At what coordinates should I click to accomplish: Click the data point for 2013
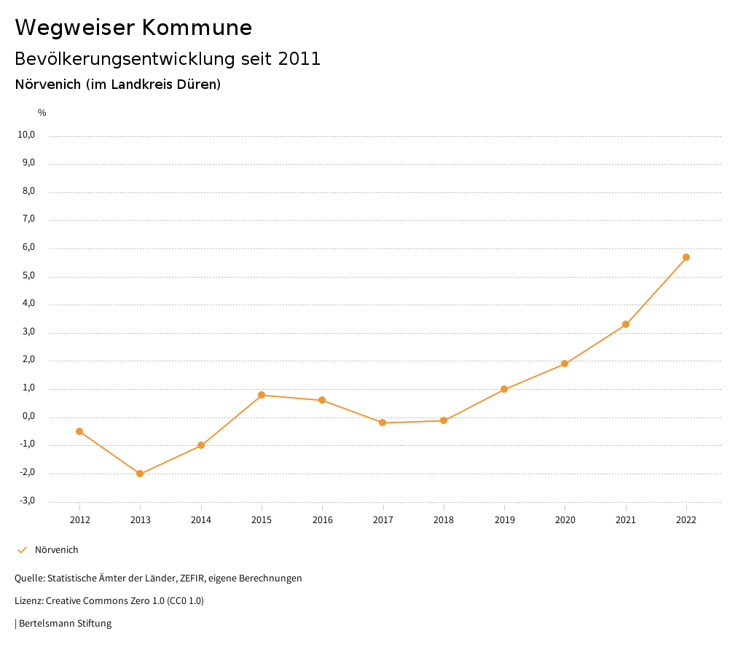pos(140,474)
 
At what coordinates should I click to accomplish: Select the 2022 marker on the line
pos(686,257)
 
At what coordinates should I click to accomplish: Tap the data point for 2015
pos(262,395)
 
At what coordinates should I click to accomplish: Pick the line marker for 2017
pos(382,423)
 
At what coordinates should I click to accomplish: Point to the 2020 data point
pos(565,364)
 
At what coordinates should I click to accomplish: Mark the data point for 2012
pos(79,431)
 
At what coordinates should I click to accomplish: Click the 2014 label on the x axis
pos(201,519)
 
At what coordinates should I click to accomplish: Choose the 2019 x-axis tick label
pos(504,519)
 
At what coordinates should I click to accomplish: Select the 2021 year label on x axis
pos(626,519)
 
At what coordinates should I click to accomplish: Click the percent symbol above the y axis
pos(42,113)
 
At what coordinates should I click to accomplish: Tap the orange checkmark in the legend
pos(22,550)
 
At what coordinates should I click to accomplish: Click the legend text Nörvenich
pos(57,550)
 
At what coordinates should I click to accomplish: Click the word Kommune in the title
pos(197,28)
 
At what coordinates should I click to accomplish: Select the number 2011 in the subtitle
pos(299,59)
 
